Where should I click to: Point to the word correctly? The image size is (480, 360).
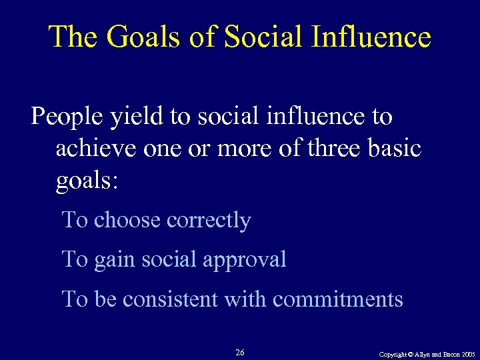click(x=212, y=221)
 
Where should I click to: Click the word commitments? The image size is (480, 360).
click(x=338, y=299)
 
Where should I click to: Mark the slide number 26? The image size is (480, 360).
click(x=240, y=352)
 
